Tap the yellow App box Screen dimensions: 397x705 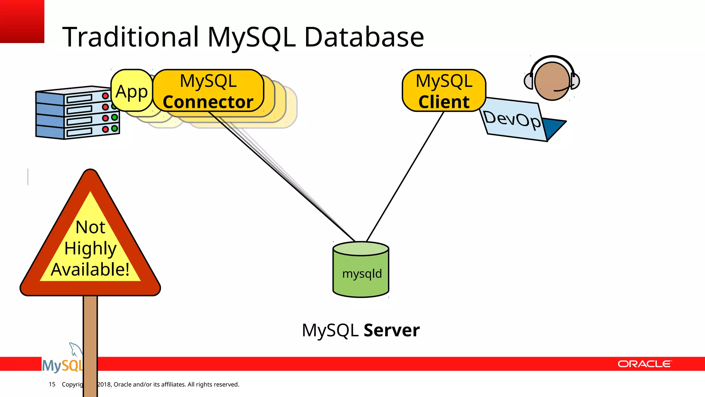[x=132, y=91]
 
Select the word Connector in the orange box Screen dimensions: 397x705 [x=208, y=102]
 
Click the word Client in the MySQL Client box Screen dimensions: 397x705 [x=444, y=102]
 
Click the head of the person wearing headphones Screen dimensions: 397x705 [x=552, y=81]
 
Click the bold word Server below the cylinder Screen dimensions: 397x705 [x=391, y=330]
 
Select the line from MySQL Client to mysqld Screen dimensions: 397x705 [x=405, y=176]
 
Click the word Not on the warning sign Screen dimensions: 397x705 [x=90, y=227]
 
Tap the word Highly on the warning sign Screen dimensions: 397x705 [x=90, y=248]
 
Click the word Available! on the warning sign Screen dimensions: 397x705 [x=90, y=269]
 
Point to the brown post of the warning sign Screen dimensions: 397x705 [x=90, y=331]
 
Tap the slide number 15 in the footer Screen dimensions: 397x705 [x=52, y=384]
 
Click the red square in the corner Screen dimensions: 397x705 [x=22, y=21]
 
